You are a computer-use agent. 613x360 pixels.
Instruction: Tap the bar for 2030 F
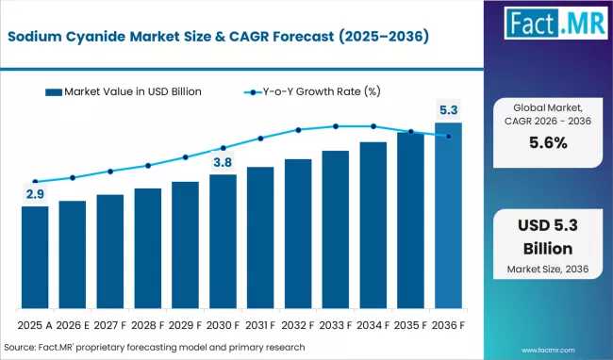(223, 241)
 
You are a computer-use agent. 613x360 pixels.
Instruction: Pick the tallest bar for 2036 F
(448, 216)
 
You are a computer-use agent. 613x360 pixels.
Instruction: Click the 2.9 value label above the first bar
(35, 194)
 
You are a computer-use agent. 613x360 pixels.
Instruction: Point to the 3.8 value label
(223, 162)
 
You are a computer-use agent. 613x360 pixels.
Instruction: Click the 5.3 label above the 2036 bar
(448, 110)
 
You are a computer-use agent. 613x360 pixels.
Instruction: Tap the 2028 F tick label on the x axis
(147, 326)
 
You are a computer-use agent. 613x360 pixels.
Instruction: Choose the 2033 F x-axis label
(336, 326)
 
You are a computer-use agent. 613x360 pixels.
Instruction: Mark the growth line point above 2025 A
(35, 182)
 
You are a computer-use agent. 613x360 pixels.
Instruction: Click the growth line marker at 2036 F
(448, 136)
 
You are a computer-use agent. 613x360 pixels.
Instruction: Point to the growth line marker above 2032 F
(298, 130)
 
